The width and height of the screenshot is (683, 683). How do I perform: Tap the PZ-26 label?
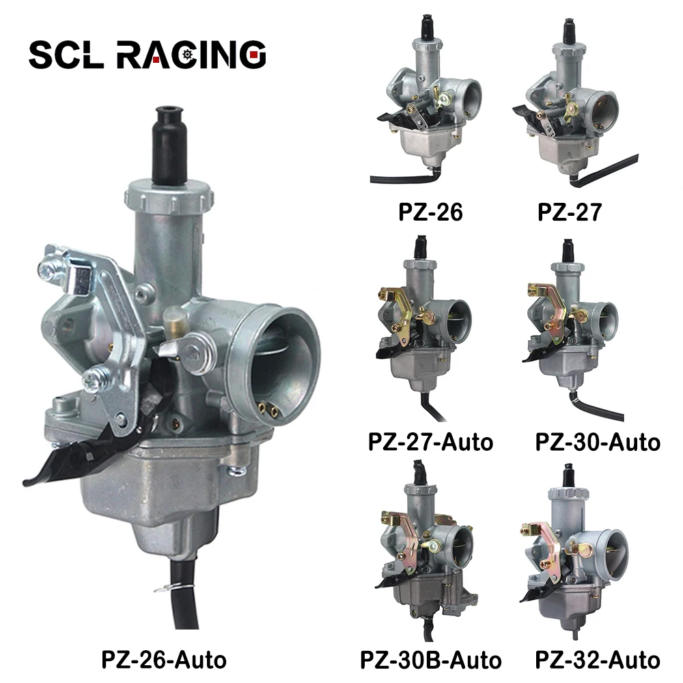tap(430, 212)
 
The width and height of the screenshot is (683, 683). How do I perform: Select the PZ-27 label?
tap(569, 212)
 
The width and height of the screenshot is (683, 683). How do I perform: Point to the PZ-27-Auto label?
tap(430, 441)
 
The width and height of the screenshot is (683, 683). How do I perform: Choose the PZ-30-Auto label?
tap(598, 441)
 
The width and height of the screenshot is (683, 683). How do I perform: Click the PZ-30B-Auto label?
tap(430, 660)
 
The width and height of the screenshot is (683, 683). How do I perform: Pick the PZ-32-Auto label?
tap(598, 660)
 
